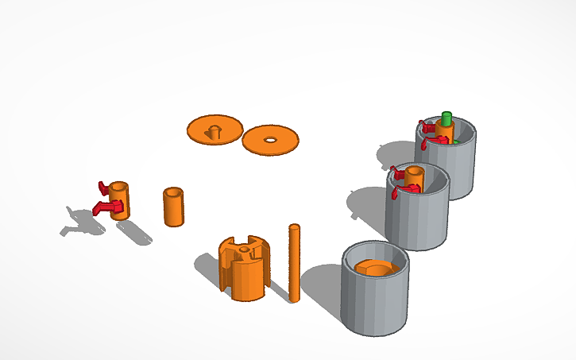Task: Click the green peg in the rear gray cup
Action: click(446, 119)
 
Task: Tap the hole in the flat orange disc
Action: click(271, 140)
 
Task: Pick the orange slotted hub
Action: click(245, 270)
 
